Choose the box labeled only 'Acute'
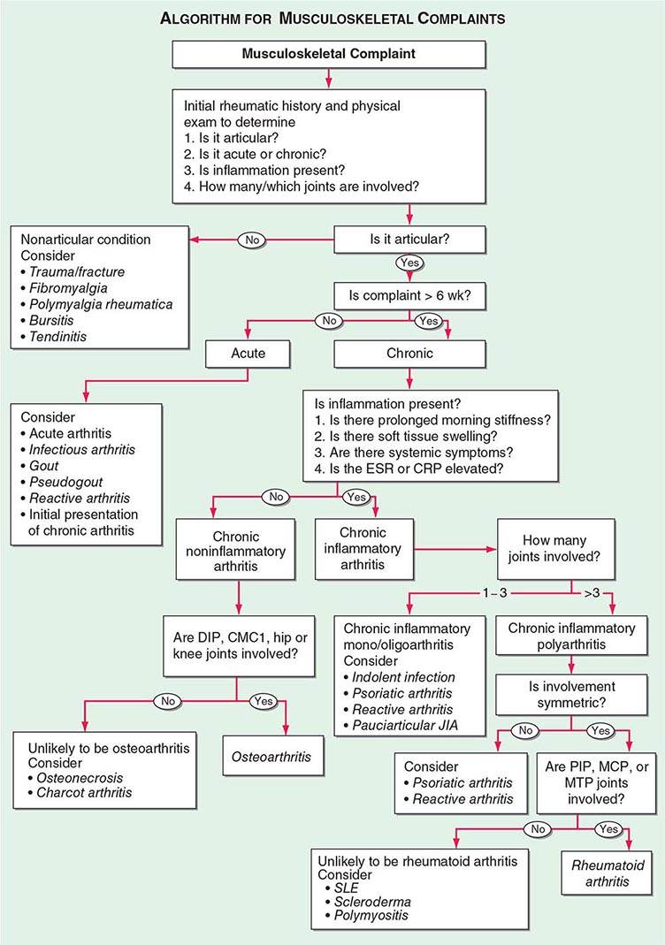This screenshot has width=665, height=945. coord(247,354)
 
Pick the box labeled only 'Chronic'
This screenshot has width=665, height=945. coord(409,354)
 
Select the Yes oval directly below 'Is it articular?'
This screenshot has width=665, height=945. coord(410,263)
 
